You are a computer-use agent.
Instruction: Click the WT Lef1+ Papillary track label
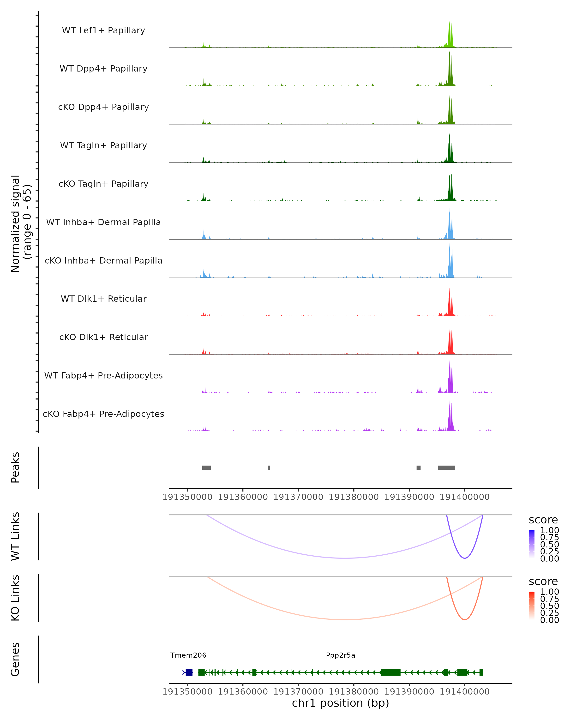click(103, 30)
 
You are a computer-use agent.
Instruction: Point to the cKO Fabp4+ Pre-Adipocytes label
click(103, 414)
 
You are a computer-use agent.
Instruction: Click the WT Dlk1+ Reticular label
click(103, 299)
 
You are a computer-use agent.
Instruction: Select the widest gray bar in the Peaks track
click(446, 468)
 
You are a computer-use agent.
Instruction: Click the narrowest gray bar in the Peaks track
click(269, 468)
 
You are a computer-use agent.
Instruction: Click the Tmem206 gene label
click(188, 655)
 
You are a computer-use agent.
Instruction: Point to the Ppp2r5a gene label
click(340, 655)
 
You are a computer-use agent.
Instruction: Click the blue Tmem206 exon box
click(189, 672)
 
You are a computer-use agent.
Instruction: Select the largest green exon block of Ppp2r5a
click(391, 672)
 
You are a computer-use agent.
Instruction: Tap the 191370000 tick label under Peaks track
click(298, 497)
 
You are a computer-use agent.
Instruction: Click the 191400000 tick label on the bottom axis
click(464, 692)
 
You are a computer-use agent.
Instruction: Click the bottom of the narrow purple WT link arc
click(464, 558)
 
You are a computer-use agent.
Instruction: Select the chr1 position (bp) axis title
click(340, 703)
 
